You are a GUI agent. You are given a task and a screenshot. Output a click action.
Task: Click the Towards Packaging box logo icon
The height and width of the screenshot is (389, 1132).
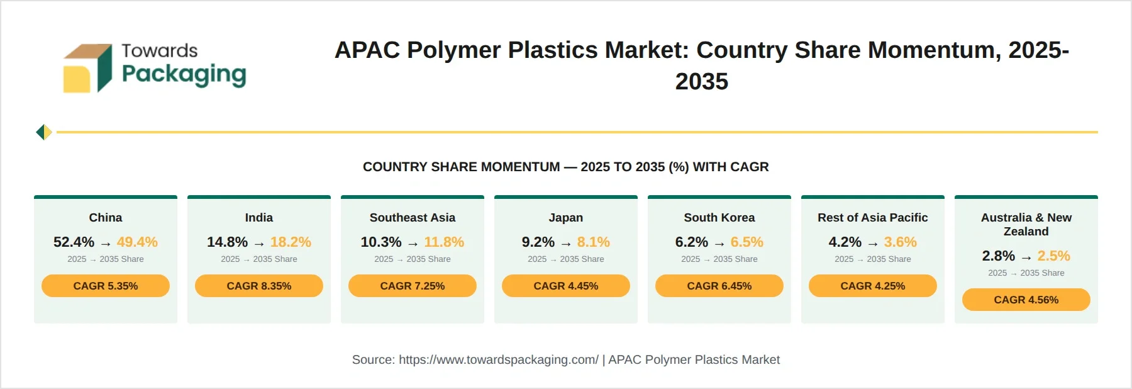(88, 69)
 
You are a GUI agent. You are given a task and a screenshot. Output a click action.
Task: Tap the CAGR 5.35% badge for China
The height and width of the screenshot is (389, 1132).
(106, 286)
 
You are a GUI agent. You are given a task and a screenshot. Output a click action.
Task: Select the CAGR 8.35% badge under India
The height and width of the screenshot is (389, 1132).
(259, 286)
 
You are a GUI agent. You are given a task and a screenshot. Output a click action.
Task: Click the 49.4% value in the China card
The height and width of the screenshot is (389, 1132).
(137, 242)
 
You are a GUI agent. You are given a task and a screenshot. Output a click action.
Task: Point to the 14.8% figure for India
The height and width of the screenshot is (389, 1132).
(227, 242)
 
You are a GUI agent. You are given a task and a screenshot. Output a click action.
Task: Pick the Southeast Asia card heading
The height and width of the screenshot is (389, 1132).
(413, 218)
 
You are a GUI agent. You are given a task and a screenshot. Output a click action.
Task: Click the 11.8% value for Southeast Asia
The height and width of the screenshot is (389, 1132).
(444, 242)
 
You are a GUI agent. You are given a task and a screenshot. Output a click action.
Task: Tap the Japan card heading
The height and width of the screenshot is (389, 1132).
(566, 218)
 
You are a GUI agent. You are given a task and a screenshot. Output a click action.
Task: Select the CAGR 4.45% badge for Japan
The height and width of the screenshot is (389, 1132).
(566, 286)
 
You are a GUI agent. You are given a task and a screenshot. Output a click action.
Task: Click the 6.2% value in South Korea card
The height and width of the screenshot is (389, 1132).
(692, 242)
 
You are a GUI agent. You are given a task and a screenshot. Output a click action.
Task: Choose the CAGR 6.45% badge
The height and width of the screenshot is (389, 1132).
(719, 286)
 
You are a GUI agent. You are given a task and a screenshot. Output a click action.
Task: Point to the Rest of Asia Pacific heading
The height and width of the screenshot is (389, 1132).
(873, 218)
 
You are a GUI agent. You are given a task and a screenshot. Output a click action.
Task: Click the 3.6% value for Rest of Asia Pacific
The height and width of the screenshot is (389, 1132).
(901, 242)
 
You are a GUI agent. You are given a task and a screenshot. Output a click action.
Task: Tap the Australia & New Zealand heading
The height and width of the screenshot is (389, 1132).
(1026, 225)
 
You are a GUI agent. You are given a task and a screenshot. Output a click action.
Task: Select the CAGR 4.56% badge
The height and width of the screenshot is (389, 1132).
(1026, 300)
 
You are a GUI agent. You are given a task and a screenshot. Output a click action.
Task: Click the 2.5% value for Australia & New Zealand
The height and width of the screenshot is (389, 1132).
(1054, 256)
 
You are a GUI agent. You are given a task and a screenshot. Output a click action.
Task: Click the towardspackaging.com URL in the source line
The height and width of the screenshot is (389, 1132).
(499, 360)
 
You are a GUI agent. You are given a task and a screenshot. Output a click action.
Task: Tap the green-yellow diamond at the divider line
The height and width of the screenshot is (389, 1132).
(44, 132)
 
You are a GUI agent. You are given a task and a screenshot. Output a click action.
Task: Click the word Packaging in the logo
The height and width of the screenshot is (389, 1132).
(184, 75)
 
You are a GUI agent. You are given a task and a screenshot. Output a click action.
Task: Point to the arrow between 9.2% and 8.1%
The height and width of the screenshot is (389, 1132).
(566, 244)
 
